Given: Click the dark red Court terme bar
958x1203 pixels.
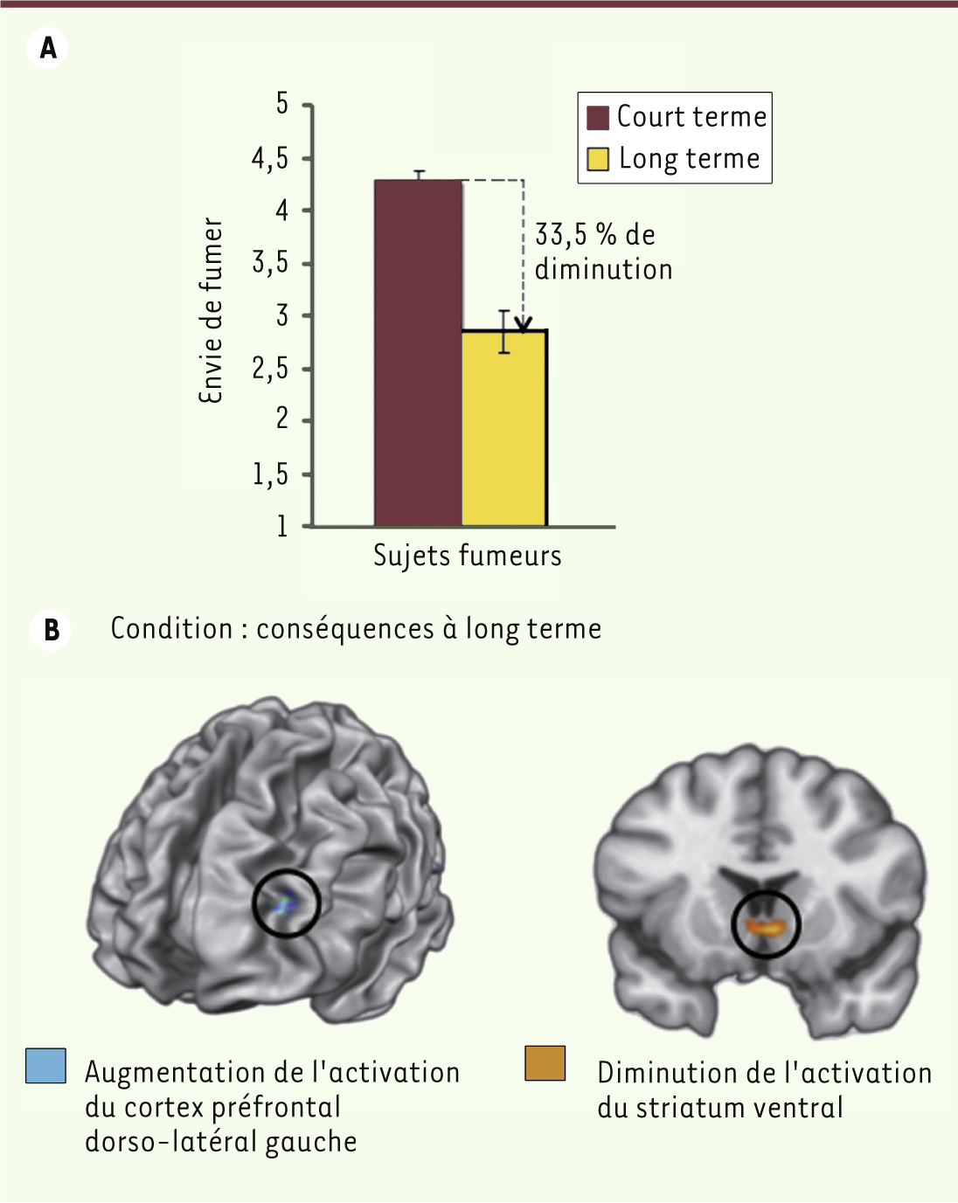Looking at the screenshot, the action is (x=419, y=353).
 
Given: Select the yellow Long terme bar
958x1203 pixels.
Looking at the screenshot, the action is (x=504, y=428).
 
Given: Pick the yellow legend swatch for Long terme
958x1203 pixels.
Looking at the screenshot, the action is (x=597, y=159).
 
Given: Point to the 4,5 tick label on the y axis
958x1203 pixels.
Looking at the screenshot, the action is (x=270, y=159).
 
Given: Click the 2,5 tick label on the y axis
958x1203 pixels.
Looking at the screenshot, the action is (x=270, y=369).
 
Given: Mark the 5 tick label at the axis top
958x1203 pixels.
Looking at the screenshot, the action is (x=282, y=104).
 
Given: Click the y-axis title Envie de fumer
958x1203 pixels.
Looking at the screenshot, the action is (x=212, y=310).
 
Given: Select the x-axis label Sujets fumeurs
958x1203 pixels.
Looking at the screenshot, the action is (x=467, y=557).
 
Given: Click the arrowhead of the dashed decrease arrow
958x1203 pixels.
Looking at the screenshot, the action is (x=524, y=326).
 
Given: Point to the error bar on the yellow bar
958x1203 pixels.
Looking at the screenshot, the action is (x=504, y=331).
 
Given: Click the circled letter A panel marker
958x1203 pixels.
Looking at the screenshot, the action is (x=47, y=48).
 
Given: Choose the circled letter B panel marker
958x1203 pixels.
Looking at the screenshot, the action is (x=51, y=630).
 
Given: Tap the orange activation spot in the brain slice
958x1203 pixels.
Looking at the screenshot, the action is (x=767, y=928).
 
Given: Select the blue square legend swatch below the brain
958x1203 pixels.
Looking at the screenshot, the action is (x=45, y=1066).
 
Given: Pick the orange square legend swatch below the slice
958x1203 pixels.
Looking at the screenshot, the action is (x=545, y=1063).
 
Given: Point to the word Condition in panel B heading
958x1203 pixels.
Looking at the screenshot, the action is (x=171, y=629).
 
